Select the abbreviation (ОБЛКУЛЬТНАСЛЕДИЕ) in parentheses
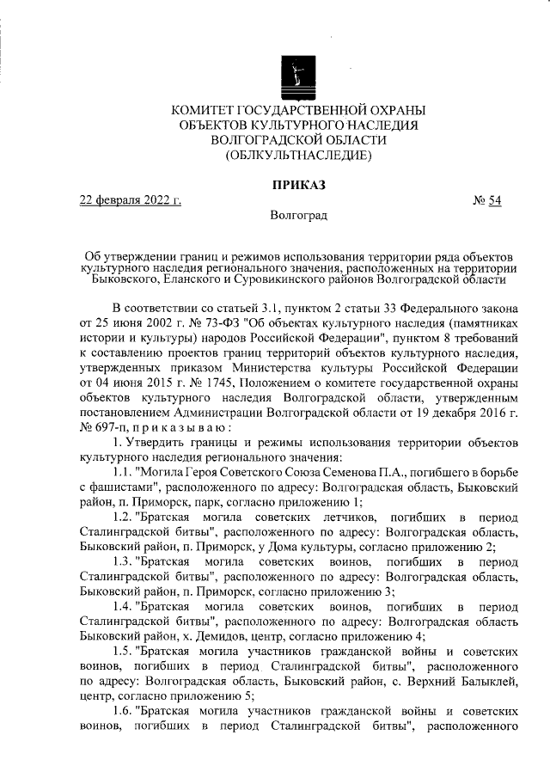(298, 156)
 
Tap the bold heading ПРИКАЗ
(298, 185)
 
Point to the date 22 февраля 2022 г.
(131, 202)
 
